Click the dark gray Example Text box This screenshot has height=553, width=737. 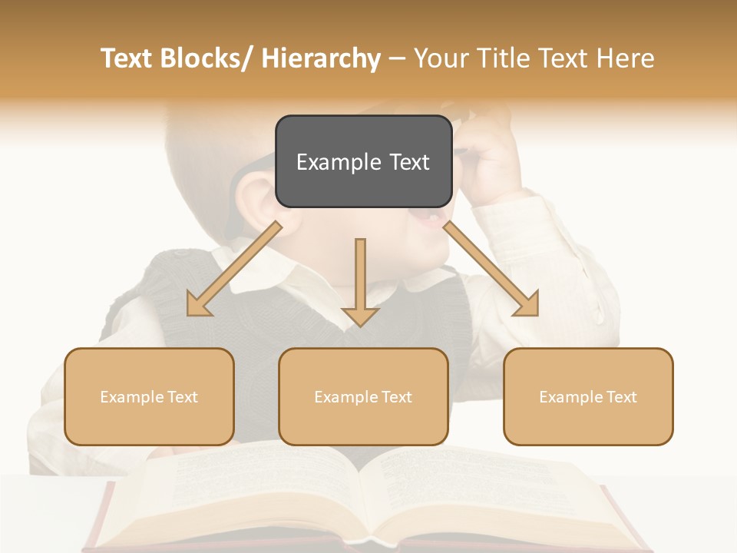click(x=363, y=161)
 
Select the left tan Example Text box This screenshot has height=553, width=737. click(x=149, y=396)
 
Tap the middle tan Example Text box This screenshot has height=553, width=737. click(x=363, y=396)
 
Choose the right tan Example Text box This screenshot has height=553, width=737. click(x=588, y=396)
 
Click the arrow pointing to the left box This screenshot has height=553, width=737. click(x=234, y=269)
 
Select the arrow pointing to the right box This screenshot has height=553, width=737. click(x=491, y=269)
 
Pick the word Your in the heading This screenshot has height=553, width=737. click(x=441, y=58)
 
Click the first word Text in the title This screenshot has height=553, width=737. click(x=127, y=58)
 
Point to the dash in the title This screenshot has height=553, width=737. click(x=397, y=58)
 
